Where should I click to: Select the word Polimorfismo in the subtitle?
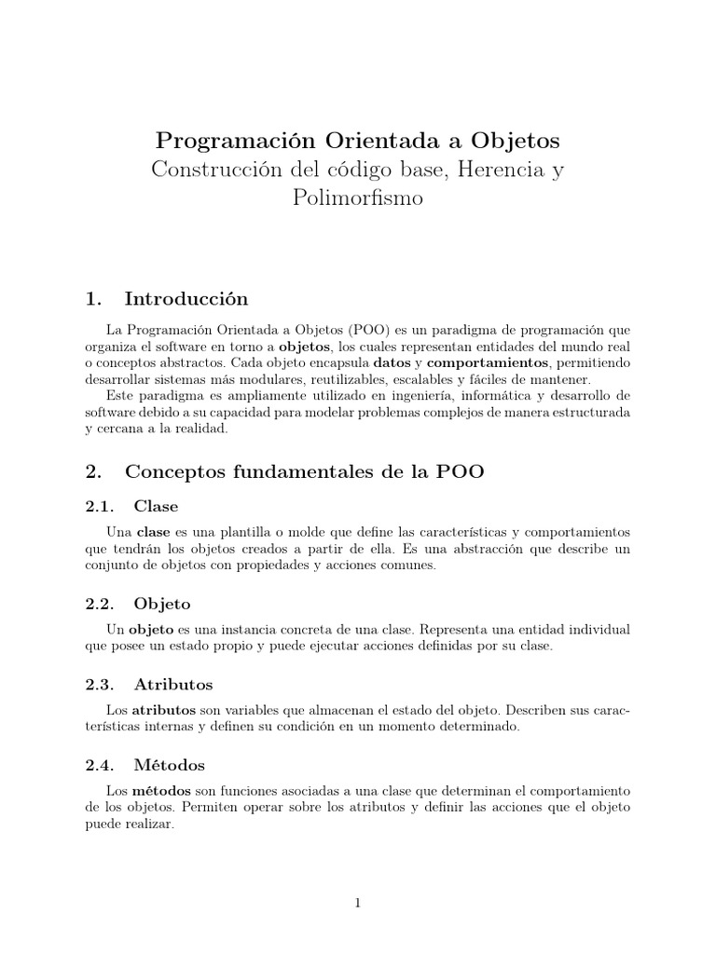point(358,198)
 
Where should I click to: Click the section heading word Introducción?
point(186,299)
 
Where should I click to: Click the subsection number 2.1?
point(98,506)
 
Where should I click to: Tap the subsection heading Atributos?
point(173,684)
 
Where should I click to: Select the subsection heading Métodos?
point(170,765)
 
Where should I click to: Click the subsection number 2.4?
point(98,765)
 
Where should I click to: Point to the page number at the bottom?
point(358,903)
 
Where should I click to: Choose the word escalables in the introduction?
point(420,379)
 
